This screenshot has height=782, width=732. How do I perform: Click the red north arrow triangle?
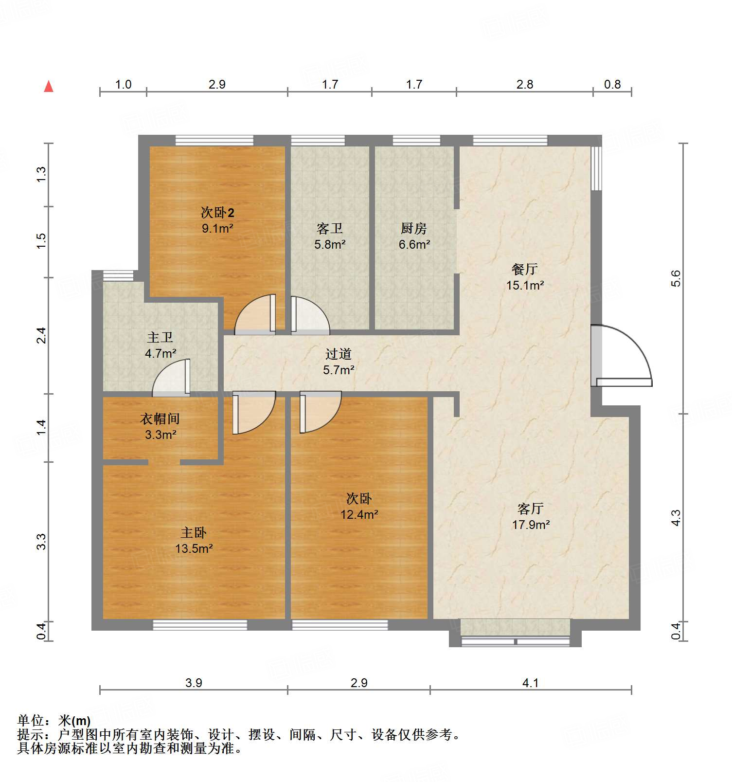pyautogui.click(x=49, y=87)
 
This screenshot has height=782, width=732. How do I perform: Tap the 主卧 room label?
pyautogui.click(x=194, y=533)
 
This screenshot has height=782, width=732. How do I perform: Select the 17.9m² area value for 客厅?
pyautogui.click(x=531, y=525)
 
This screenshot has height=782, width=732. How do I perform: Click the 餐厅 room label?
pyautogui.click(x=524, y=269)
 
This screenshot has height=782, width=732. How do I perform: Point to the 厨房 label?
pyautogui.click(x=414, y=228)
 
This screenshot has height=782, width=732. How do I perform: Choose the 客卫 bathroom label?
pyautogui.click(x=330, y=228)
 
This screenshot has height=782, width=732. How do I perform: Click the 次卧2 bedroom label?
pyautogui.click(x=217, y=213)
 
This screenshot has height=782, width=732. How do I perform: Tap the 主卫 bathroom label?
pyautogui.click(x=160, y=337)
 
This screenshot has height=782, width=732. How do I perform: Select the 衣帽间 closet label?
pyautogui.click(x=160, y=418)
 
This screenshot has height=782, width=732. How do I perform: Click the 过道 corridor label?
pyautogui.click(x=339, y=354)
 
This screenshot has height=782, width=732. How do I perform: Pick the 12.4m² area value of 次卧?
pyautogui.click(x=359, y=514)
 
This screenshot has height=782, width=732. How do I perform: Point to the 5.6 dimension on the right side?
pyautogui.click(x=676, y=278)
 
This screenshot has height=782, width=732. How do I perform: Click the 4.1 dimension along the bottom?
pyautogui.click(x=530, y=683)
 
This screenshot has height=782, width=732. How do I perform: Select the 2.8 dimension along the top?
pyautogui.click(x=525, y=85)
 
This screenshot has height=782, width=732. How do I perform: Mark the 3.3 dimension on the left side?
pyautogui.click(x=42, y=542)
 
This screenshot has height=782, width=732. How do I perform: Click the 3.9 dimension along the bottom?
pyautogui.click(x=194, y=683)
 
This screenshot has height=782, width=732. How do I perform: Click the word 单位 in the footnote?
pyautogui.click(x=31, y=721)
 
